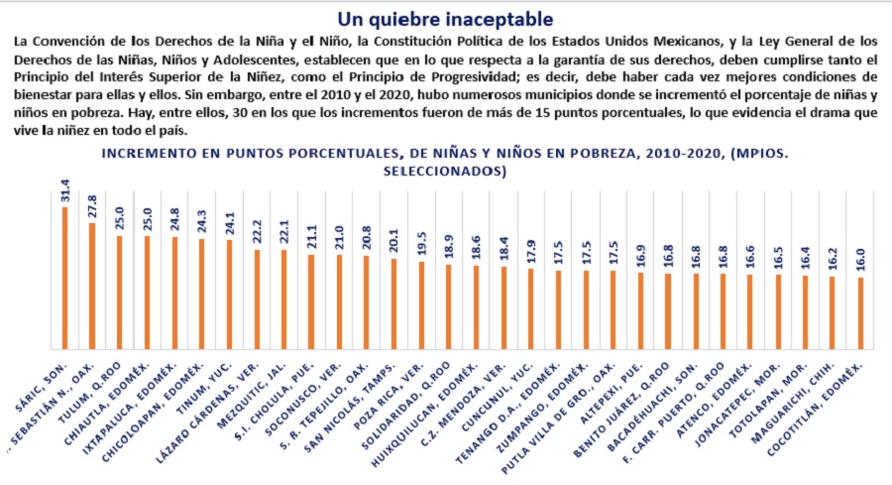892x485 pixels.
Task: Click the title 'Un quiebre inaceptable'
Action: (x=445, y=19)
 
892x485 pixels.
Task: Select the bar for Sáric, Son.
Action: (x=64, y=277)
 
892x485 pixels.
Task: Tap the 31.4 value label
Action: (x=64, y=189)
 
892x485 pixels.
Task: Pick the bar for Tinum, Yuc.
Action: (x=230, y=294)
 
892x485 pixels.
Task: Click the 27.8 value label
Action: (x=92, y=205)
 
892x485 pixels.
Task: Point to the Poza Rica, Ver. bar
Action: (x=421, y=303)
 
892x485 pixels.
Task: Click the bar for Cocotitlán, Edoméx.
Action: (x=860, y=311)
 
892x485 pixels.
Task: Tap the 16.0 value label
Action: (x=860, y=261)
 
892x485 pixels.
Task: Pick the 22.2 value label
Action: (x=257, y=232)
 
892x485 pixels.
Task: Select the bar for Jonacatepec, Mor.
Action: (x=778, y=310)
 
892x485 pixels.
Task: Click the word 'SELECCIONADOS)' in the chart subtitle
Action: (x=445, y=171)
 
